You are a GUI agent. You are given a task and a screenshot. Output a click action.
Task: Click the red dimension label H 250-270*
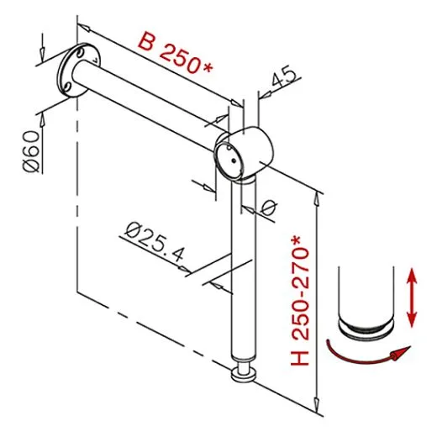(x=301, y=299)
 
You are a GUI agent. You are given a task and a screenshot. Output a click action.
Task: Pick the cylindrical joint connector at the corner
(x=245, y=153)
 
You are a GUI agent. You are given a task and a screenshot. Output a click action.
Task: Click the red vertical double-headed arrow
(x=412, y=295)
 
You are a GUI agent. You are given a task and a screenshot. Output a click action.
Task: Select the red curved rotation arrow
(x=367, y=353)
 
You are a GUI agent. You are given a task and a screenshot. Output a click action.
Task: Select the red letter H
(x=301, y=357)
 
